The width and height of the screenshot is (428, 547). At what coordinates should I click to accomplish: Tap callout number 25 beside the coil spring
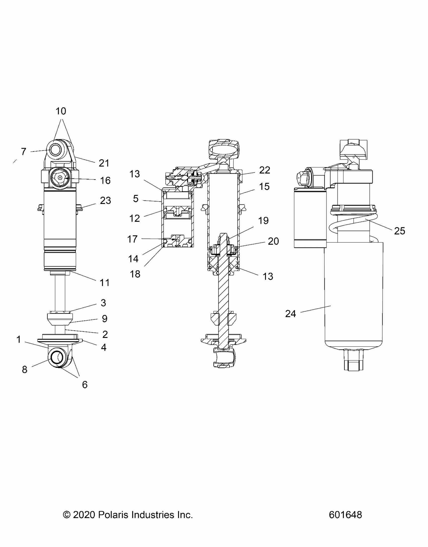[400, 231]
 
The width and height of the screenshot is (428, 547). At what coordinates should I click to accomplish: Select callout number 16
[105, 180]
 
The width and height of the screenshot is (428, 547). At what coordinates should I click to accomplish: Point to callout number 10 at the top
[61, 111]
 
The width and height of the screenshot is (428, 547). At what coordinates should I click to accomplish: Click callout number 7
[23, 152]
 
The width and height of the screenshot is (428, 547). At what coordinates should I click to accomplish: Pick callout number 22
[265, 170]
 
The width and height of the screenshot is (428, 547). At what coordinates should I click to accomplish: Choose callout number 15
[264, 186]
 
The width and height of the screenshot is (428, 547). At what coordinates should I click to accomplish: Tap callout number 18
[135, 274]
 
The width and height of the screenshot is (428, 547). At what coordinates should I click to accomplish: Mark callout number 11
[105, 283]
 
